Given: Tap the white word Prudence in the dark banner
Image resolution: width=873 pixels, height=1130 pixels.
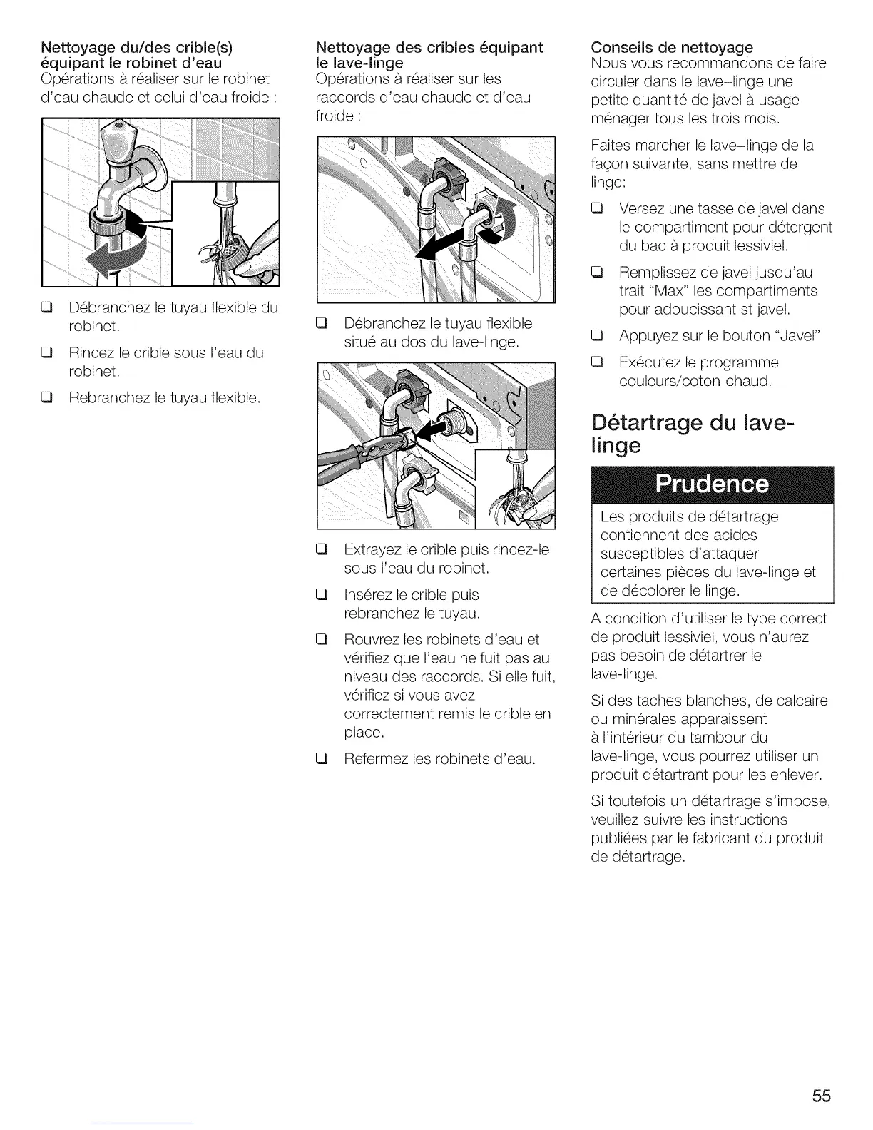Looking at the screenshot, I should [713, 484].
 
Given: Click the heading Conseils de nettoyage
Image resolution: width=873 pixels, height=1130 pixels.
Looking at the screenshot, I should [672, 47].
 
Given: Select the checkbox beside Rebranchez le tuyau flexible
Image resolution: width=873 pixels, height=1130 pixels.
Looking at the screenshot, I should [48, 397].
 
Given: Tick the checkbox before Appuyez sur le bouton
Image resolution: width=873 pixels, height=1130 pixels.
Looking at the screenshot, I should [598, 336].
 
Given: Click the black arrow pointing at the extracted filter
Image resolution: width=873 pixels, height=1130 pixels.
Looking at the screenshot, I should [432, 429].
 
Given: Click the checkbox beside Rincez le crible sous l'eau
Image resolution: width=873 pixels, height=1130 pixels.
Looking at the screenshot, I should [48, 353].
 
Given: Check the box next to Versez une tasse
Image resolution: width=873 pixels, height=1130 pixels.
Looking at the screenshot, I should [598, 209].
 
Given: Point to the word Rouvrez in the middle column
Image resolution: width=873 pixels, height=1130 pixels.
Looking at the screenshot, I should [371, 639].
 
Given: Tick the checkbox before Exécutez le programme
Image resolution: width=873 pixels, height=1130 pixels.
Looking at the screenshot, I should [598, 362].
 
